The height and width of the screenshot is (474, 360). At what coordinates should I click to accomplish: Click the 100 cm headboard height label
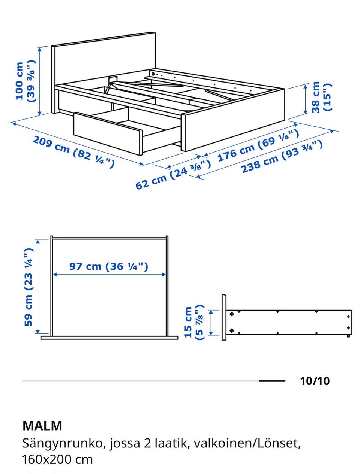(25, 81)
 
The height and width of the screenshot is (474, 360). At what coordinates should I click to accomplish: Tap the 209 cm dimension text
(73, 152)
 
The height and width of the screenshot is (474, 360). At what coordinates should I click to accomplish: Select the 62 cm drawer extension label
(173, 174)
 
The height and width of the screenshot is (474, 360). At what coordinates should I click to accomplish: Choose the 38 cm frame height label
(321, 97)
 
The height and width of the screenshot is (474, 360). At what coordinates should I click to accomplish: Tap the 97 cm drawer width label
(109, 266)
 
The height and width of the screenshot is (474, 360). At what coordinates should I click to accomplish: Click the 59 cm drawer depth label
(28, 287)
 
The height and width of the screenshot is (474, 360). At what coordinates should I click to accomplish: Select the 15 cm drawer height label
(193, 322)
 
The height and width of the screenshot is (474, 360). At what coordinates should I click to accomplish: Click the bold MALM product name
(42, 426)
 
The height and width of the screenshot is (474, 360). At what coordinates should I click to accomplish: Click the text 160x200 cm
(57, 459)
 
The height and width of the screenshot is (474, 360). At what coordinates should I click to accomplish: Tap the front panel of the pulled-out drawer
(108, 133)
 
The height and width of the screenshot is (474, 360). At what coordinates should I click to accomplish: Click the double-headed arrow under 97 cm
(109, 274)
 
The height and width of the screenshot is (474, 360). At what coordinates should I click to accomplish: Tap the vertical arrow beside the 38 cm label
(305, 99)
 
